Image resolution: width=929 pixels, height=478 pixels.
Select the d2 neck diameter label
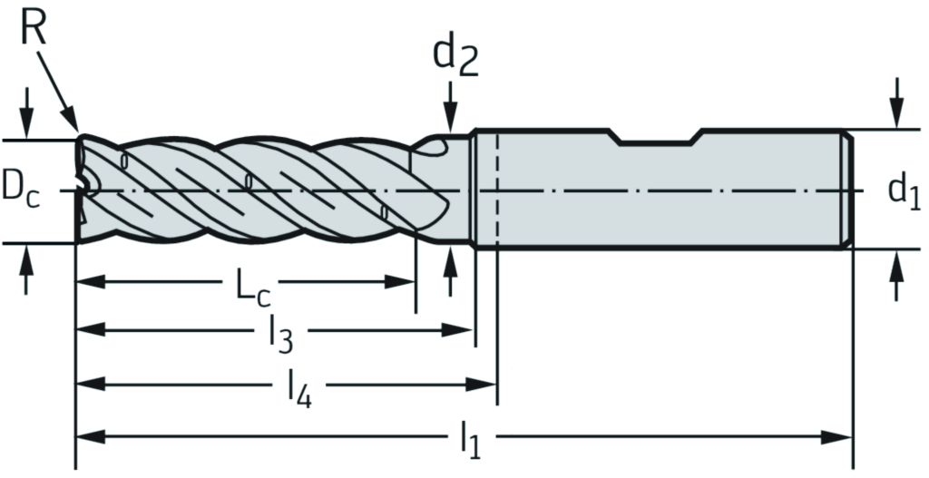pos(454,54)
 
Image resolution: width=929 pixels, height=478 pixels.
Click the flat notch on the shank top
pos(656,141)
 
